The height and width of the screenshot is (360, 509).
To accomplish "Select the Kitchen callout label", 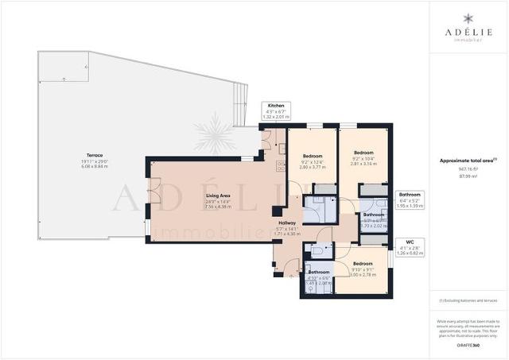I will tap(276, 106).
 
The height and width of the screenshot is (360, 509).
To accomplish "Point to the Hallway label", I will tap(287, 223).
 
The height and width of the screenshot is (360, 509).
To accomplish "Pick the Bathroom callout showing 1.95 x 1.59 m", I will tap(410, 199).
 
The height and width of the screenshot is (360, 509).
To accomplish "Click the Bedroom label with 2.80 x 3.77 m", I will tap(312, 157).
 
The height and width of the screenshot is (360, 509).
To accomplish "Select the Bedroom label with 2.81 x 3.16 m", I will tap(363, 153).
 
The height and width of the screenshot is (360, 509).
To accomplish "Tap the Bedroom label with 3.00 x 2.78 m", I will tap(362, 263).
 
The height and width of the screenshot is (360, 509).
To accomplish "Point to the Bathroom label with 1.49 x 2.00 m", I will tap(319, 273).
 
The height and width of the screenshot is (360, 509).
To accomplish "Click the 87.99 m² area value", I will tap(468, 177).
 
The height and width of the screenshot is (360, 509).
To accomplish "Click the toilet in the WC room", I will tap(316, 250).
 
